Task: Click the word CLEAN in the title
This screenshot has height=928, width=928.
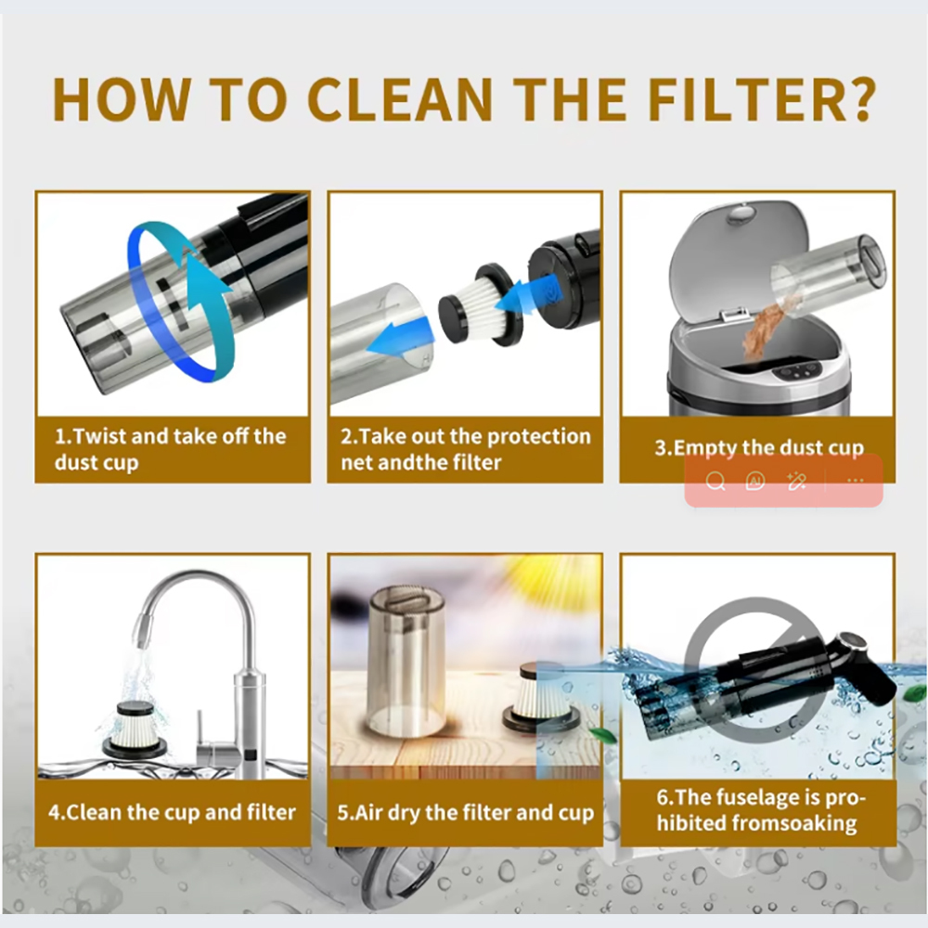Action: tap(400, 99)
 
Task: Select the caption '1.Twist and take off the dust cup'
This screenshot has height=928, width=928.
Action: tap(171, 449)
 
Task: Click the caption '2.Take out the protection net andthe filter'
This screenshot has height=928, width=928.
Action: tap(466, 449)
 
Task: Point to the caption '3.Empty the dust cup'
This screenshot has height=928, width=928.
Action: tap(759, 447)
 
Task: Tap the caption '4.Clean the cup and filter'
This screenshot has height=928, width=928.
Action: tap(172, 812)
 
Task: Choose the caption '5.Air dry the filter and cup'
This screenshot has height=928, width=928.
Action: tap(465, 812)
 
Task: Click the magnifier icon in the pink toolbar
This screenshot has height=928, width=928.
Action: tap(715, 481)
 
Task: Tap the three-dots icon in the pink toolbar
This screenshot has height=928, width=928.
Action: tap(856, 481)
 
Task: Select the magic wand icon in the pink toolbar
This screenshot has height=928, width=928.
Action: tap(796, 481)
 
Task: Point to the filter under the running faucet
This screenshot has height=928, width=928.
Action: tap(135, 729)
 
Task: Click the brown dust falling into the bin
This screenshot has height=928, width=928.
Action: tap(765, 329)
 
